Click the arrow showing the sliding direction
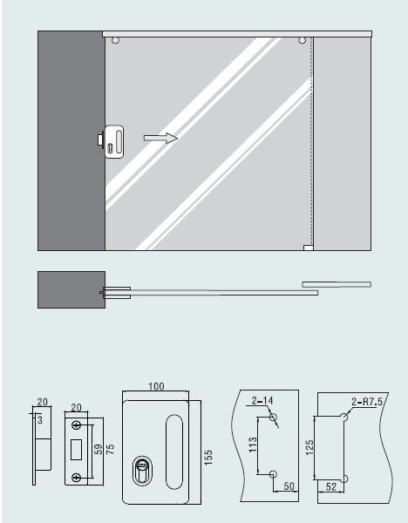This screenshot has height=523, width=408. [160, 138]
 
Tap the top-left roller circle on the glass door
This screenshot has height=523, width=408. [115, 41]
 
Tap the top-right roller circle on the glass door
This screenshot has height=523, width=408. [302, 41]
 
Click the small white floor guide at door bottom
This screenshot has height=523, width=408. [309, 248]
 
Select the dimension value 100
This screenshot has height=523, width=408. [156, 386]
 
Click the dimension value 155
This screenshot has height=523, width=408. [207, 458]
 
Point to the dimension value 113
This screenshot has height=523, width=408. [253, 445]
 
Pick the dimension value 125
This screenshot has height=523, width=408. [309, 447]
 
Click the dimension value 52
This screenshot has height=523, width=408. [331, 486]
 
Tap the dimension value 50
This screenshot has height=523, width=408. [289, 486]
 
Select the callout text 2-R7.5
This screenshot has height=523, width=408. [367, 402]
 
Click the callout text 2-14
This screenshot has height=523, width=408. [262, 400]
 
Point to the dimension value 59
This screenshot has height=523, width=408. [99, 449]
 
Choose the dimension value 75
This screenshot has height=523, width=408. [110, 449]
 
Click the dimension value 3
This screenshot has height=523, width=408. [40, 420]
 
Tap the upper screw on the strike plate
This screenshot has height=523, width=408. [77, 425]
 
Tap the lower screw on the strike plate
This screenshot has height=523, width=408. [77, 478]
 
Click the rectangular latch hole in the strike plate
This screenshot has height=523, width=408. [77, 450]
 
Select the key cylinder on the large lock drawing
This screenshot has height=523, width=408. [142, 470]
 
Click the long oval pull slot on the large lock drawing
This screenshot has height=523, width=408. [174, 452]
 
